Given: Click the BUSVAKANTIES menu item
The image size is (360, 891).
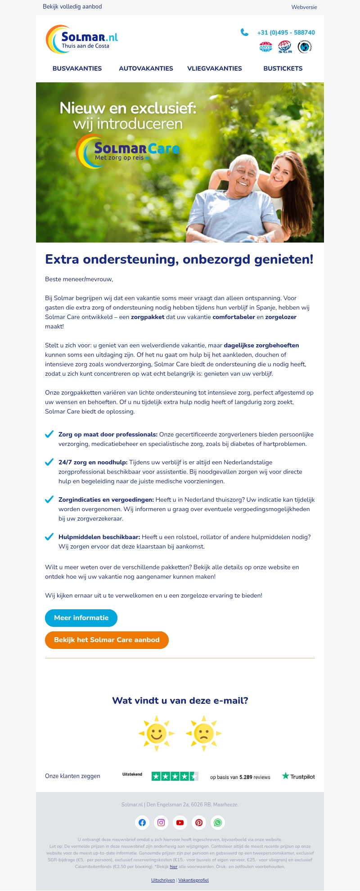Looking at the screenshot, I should (x=77, y=68).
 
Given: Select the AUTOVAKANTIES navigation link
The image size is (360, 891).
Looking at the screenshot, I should (x=146, y=68).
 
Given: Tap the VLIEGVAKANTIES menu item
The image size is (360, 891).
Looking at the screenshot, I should (x=215, y=68).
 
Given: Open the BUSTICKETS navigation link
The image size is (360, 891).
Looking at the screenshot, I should (x=283, y=68).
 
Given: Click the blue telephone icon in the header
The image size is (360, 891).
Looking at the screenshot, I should (x=244, y=32).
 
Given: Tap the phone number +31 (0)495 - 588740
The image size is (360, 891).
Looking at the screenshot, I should (x=286, y=32).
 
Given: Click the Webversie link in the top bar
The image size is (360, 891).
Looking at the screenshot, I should (x=304, y=7).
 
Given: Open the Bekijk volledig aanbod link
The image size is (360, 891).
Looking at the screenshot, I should (x=72, y=7).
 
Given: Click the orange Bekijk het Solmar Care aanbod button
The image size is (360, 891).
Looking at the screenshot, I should (x=107, y=640).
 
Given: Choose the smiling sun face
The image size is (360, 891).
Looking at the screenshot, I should (x=157, y=733).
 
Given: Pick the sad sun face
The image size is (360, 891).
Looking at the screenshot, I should (x=203, y=733).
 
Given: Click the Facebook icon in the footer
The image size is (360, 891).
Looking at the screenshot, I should (x=142, y=823).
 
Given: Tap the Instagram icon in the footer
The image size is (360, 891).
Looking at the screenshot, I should (x=161, y=823).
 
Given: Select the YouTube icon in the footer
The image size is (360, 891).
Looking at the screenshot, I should (x=180, y=823).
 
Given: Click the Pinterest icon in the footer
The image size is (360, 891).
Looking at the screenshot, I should (x=199, y=823).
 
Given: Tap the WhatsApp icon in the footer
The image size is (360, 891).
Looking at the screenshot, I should (x=218, y=823).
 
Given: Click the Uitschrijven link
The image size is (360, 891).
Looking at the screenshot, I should (x=163, y=880).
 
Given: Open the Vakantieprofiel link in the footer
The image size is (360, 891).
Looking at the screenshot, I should (x=193, y=880).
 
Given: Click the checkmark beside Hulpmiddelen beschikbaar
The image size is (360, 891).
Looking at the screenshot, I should (x=49, y=537).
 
